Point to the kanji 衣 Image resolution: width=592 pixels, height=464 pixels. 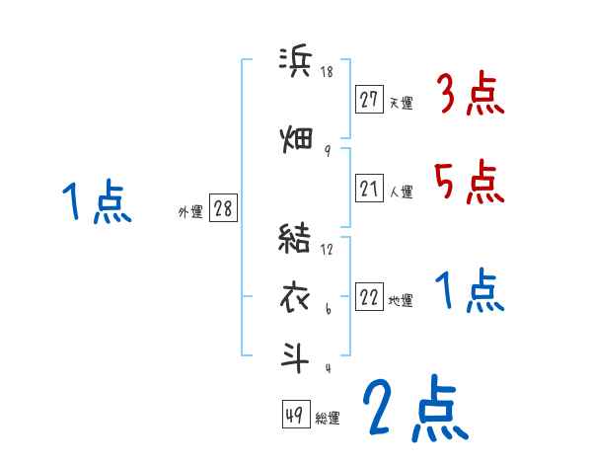pyautogui.click(x=296, y=294)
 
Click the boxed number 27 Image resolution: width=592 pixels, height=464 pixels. pyautogui.click(x=370, y=100)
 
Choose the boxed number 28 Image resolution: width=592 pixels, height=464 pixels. pyautogui.click(x=223, y=209)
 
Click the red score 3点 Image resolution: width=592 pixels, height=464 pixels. pyautogui.click(x=471, y=97)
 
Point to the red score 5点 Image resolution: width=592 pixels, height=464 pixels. pyautogui.click(x=470, y=182)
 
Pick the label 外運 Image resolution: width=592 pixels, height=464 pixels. pyautogui.click(x=190, y=211)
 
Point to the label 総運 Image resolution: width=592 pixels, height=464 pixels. pyautogui.click(x=328, y=419)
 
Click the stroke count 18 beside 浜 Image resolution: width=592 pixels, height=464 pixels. pyautogui.click(x=328, y=71)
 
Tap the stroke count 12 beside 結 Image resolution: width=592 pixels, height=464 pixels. pyautogui.click(x=328, y=250)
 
